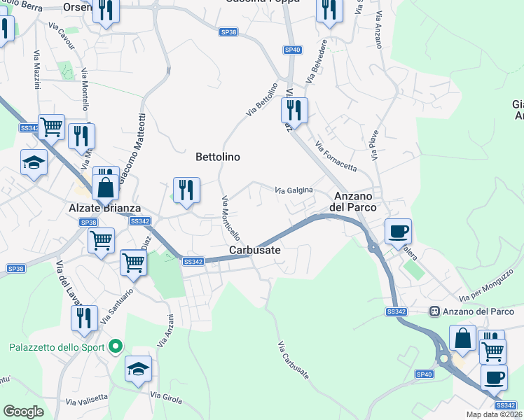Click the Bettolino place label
tap(217, 157)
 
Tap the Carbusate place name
tap(255, 250)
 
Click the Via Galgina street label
tap(294, 190)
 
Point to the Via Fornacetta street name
tap(336, 157)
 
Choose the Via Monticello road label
tap(231, 218)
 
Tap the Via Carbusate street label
tap(294, 360)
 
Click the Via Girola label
tap(167, 398)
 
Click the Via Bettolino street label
tap(262, 101)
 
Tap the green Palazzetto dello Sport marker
tap(117, 346)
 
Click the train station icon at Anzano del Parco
tap(434, 311)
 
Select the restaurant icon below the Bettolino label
tap(187, 191)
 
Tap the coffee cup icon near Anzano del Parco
tap(398, 231)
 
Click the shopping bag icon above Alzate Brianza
tap(104, 188)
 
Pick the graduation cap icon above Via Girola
tap(138, 369)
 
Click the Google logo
tap(23, 411)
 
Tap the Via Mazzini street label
tap(36, 70)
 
